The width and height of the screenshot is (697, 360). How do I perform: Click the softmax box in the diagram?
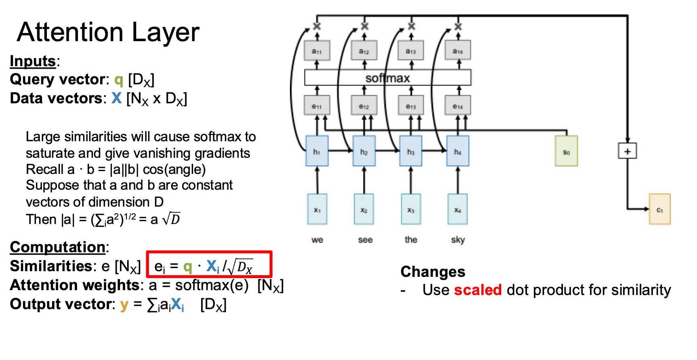[x=387, y=77]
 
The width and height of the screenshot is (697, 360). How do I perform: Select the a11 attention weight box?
[x=317, y=51]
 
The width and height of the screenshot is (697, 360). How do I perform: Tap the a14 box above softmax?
[x=458, y=51]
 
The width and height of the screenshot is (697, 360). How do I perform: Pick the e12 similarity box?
[x=364, y=106]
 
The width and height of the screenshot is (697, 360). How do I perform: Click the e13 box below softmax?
[x=411, y=106]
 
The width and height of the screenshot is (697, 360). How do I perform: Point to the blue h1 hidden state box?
[x=317, y=151]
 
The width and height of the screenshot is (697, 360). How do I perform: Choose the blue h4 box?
[x=458, y=151]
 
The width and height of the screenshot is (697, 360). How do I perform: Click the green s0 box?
[x=566, y=151]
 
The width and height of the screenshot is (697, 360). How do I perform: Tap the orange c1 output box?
[x=659, y=209]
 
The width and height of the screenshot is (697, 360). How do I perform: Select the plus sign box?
[x=627, y=151]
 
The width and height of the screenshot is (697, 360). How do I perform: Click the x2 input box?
[x=364, y=209]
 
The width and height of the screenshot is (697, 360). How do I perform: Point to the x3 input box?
[x=411, y=209]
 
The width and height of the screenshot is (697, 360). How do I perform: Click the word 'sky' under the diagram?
[x=458, y=240]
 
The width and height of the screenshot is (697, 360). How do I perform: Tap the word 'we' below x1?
[x=317, y=240]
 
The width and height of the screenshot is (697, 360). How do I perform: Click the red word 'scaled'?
[x=478, y=290]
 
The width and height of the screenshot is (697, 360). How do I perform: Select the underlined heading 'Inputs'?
[x=33, y=61]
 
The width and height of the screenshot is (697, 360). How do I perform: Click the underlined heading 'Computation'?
[x=58, y=247]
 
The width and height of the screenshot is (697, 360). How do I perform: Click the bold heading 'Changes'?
[x=433, y=272]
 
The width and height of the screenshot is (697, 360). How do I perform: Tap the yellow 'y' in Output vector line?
[x=124, y=304]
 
